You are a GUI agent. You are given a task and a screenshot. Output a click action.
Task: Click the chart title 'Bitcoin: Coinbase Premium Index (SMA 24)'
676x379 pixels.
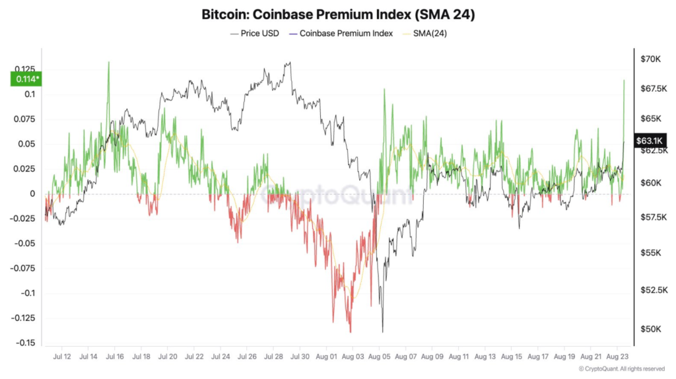(337, 13)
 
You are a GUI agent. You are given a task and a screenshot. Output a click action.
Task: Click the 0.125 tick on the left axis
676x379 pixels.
(24, 69)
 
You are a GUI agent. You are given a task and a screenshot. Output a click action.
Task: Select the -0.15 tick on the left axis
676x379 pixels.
(26, 343)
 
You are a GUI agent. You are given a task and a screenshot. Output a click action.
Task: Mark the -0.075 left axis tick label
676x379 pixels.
(23, 268)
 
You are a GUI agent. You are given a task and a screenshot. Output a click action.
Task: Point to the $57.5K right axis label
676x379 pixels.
(653, 217)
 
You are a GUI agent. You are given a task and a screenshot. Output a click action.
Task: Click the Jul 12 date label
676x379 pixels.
(61, 357)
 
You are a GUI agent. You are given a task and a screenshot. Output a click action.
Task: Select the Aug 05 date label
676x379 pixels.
(379, 357)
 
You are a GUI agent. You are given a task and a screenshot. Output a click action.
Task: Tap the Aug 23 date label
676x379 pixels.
(617, 357)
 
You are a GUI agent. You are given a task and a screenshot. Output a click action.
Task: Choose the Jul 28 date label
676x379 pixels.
(273, 357)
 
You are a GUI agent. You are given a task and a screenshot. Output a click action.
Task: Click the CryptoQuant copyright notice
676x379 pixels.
(621, 369)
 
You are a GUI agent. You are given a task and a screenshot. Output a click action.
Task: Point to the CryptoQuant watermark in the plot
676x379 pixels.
(337, 194)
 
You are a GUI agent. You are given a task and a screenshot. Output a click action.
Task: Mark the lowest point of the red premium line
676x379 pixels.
(350, 332)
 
